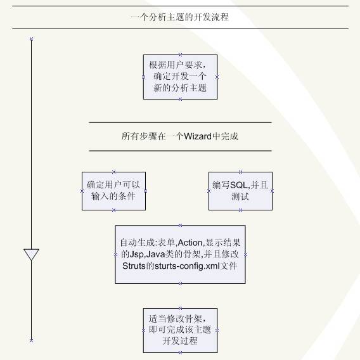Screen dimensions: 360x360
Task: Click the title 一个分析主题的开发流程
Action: click(x=180, y=17)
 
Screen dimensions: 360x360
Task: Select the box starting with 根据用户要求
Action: click(x=180, y=77)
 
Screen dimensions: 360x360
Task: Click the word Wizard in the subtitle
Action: click(x=198, y=136)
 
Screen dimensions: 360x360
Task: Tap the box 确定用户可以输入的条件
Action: click(x=113, y=191)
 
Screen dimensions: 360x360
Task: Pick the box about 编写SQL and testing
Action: click(x=240, y=191)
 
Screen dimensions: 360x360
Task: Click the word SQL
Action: click(x=238, y=185)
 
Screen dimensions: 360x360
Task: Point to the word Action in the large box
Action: click(x=190, y=243)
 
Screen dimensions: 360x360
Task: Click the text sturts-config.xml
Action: click(x=187, y=266)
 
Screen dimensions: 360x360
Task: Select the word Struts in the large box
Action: click(x=134, y=266)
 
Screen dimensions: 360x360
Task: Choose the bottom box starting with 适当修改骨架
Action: click(x=180, y=330)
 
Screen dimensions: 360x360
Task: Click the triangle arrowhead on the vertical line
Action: click(x=31, y=254)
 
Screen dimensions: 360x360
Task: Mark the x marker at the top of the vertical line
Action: click(x=32, y=39)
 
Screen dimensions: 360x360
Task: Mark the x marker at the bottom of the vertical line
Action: click(x=32, y=340)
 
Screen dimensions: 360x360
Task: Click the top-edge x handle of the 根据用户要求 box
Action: click(x=180, y=55)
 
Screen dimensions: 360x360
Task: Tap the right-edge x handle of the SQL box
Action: click(x=273, y=191)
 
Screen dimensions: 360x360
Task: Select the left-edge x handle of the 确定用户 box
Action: click(x=82, y=191)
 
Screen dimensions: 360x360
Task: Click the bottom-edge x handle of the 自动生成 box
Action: click(x=180, y=283)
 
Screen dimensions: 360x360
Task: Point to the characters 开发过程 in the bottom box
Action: click(x=180, y=341)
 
